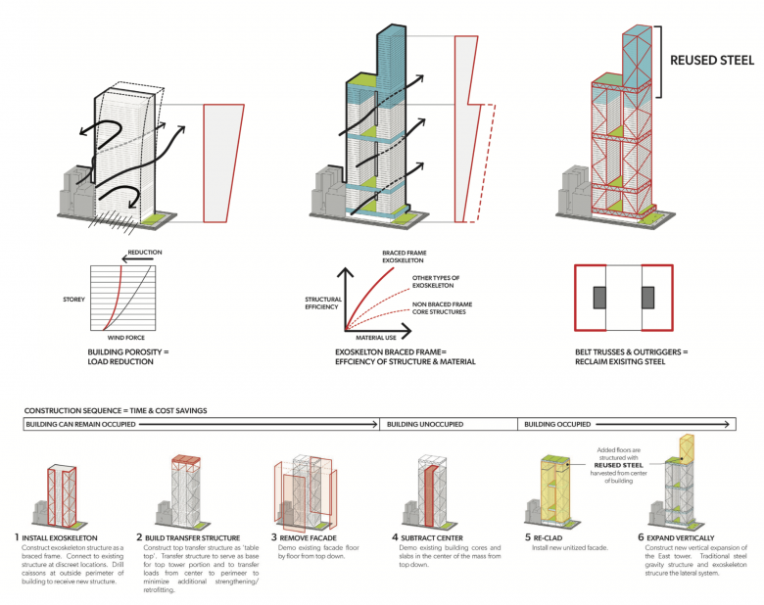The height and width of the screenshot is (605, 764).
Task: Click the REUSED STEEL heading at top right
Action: click(x=711, y=61)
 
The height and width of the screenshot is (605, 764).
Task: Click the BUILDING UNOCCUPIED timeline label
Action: click(x=425, y=425)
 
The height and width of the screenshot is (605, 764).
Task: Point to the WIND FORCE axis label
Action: click(x=127, y=338)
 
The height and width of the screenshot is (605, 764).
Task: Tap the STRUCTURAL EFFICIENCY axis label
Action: click(x=322, y=302)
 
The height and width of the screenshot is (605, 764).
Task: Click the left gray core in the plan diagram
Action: click(x=597, y=299)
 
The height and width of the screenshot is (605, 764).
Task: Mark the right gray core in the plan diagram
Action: click(x=647, y=299)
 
